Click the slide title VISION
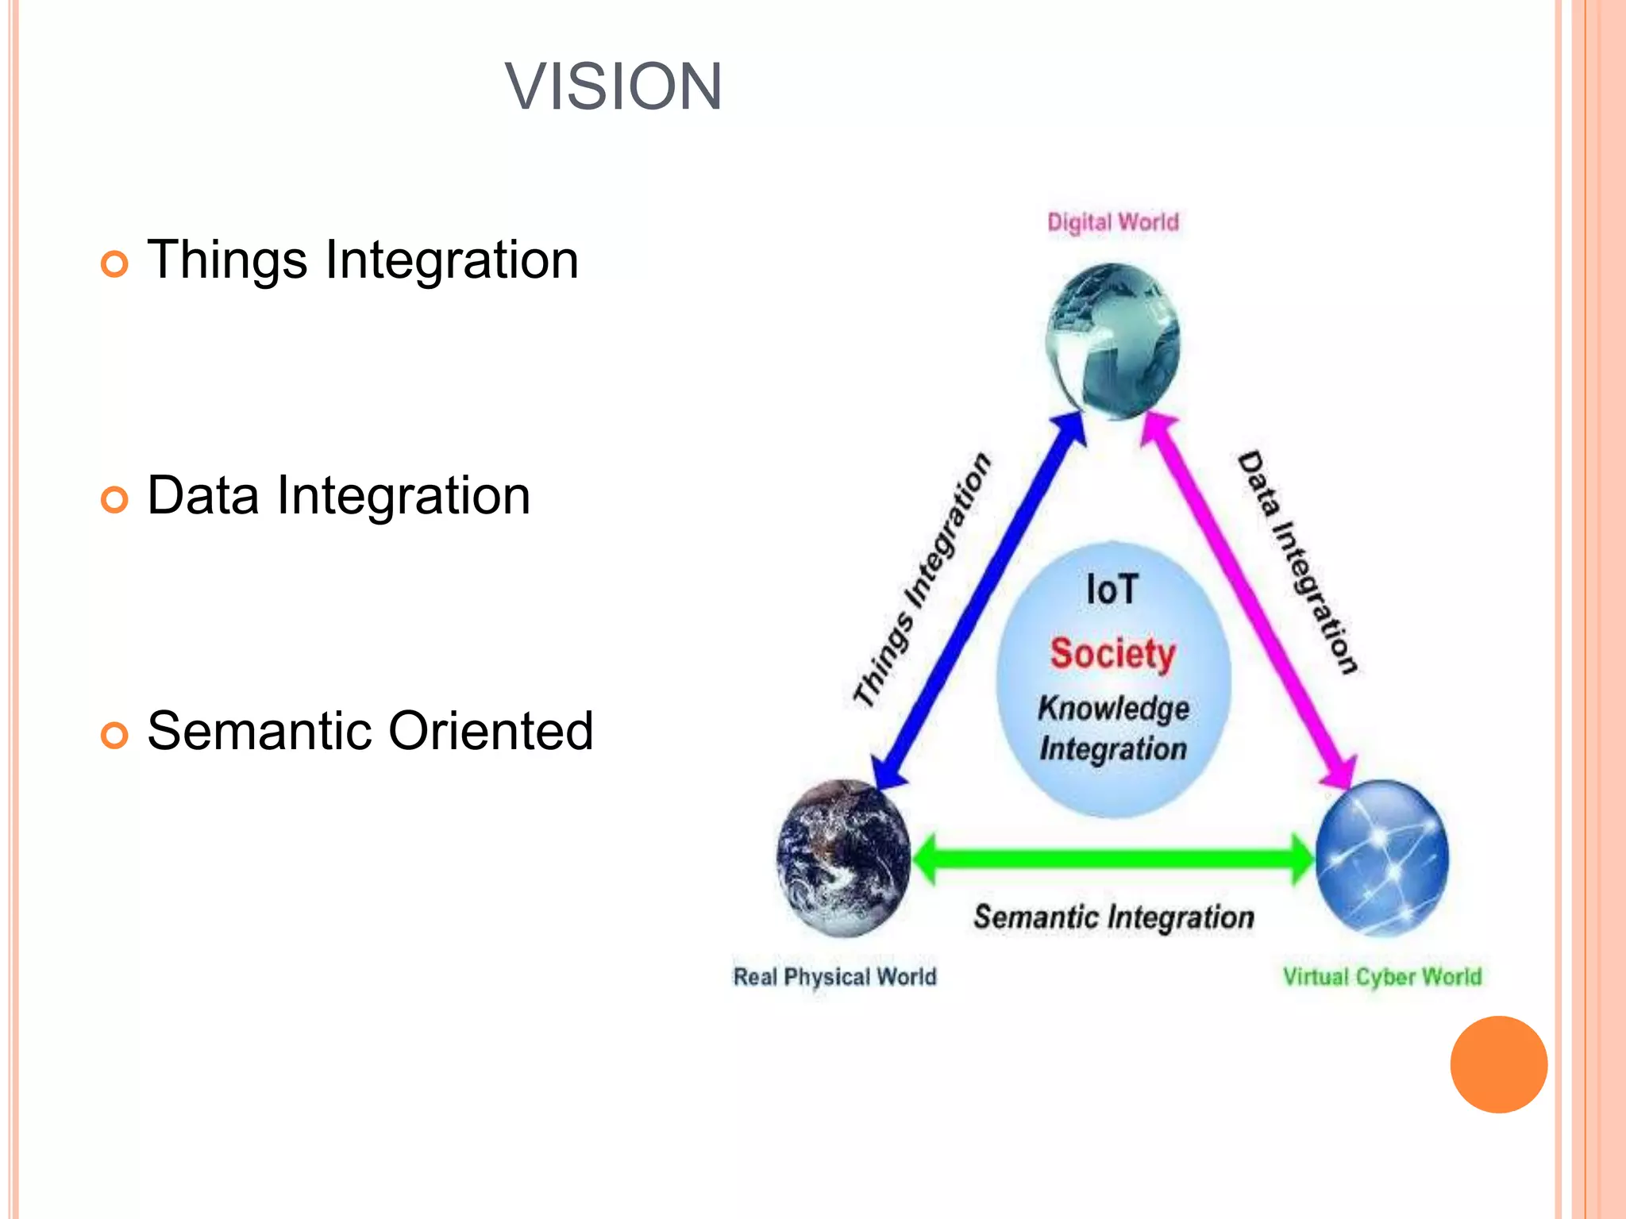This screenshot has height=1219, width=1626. pos(613,87)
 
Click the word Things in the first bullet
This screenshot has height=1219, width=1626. pos(227,260)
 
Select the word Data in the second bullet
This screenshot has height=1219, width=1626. pos(203,496)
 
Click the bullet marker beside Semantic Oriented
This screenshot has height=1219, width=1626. pos(114,735)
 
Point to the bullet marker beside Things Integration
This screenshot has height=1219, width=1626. pos(114,263)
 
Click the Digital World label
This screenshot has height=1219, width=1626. pos(1112,222)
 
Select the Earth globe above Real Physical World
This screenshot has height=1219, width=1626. pos(843,857)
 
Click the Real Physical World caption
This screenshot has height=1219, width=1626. pos(834,976)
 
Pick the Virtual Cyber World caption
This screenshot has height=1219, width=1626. pos(1381,976)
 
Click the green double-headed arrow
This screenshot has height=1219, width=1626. pos(1112,859)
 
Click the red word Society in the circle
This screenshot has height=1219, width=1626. pos(1112,654)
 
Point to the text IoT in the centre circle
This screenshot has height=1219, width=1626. pos(1112,590)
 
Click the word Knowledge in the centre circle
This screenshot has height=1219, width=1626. pos(1113,708)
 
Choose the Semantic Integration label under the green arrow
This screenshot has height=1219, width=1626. pos(1113,917)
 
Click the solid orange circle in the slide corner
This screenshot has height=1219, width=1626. pos(1498,1064)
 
